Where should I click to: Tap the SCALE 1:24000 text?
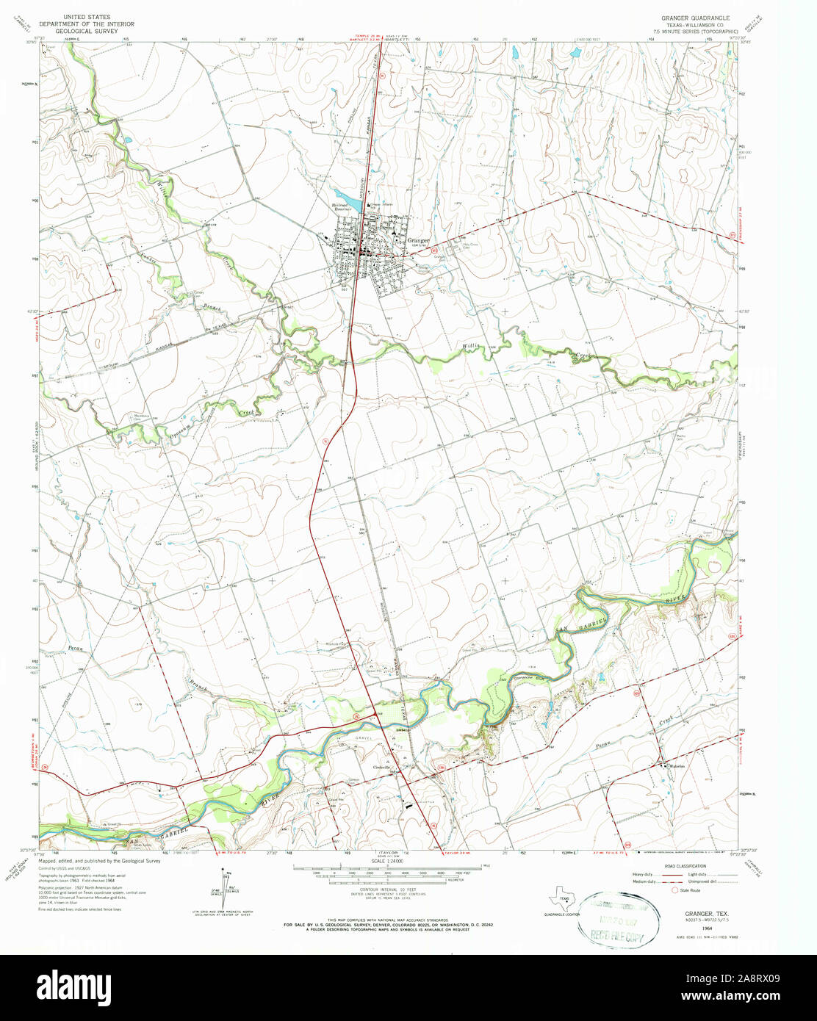(387, 861)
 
